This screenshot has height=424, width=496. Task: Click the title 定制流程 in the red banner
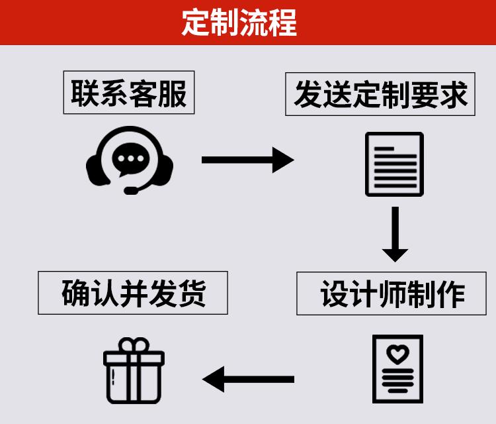[239, 23]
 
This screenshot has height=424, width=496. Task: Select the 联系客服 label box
[129, 93]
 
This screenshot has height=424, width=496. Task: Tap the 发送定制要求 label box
[380, 94]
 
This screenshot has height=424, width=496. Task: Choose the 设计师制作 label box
[393, 293]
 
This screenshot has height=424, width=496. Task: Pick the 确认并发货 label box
[134, 292]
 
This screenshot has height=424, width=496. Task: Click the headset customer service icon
[130, 160]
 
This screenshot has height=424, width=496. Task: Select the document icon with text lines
[395, 164]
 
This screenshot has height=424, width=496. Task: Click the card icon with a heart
[397, 368]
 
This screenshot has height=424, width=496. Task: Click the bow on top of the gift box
[134, 346]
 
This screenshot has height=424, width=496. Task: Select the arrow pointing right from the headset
[247, 160]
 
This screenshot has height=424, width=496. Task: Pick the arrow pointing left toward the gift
[249, 380]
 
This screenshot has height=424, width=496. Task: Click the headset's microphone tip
[130, 191]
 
